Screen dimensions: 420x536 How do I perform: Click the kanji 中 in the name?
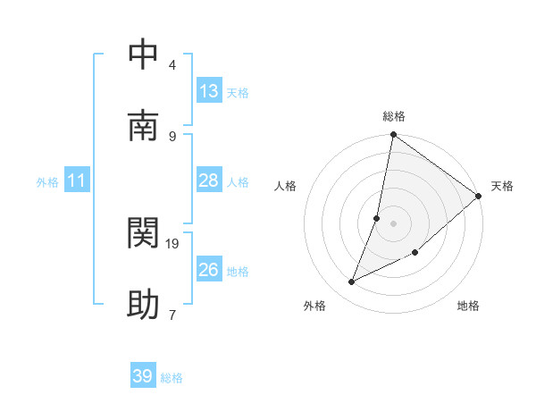click(143, 55)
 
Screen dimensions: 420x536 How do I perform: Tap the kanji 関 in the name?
click(143, 233)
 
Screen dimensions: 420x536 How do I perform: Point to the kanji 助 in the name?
click(143, 305)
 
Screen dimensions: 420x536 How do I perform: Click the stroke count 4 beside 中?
click(172, 65)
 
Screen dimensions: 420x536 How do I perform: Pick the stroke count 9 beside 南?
click(172, 136)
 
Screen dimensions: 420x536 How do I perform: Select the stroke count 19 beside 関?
click(173, 243)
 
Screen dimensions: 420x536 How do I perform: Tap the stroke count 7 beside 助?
click(172, 315)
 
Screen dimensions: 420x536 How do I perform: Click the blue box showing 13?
click(209, 91)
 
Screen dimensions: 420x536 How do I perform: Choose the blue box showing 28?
click(209, 181)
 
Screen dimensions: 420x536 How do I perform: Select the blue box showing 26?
click(209, 270)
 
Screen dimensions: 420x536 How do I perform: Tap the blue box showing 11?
click(77, 181)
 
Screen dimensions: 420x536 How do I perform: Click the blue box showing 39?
click(143, 376)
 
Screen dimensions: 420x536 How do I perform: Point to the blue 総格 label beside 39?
click(172, 378)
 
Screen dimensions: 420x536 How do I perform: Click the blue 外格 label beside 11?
click(47, 182)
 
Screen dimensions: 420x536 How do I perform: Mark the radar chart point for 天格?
click(479, 197)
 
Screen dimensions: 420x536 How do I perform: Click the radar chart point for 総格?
click(393, 136)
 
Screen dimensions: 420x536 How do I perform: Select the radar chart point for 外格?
click(352, 282)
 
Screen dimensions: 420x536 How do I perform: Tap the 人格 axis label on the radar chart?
click(285, 186)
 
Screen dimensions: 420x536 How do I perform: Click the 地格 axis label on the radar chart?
click(468, 306)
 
